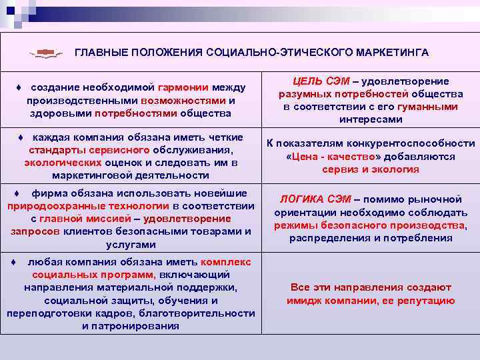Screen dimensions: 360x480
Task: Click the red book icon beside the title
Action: (x=46, y=52)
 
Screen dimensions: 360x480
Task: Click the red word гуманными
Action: (x=427, y=107)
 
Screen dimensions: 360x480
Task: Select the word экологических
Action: (x=63, y=163)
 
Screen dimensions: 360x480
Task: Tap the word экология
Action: (x=397, y=169)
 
